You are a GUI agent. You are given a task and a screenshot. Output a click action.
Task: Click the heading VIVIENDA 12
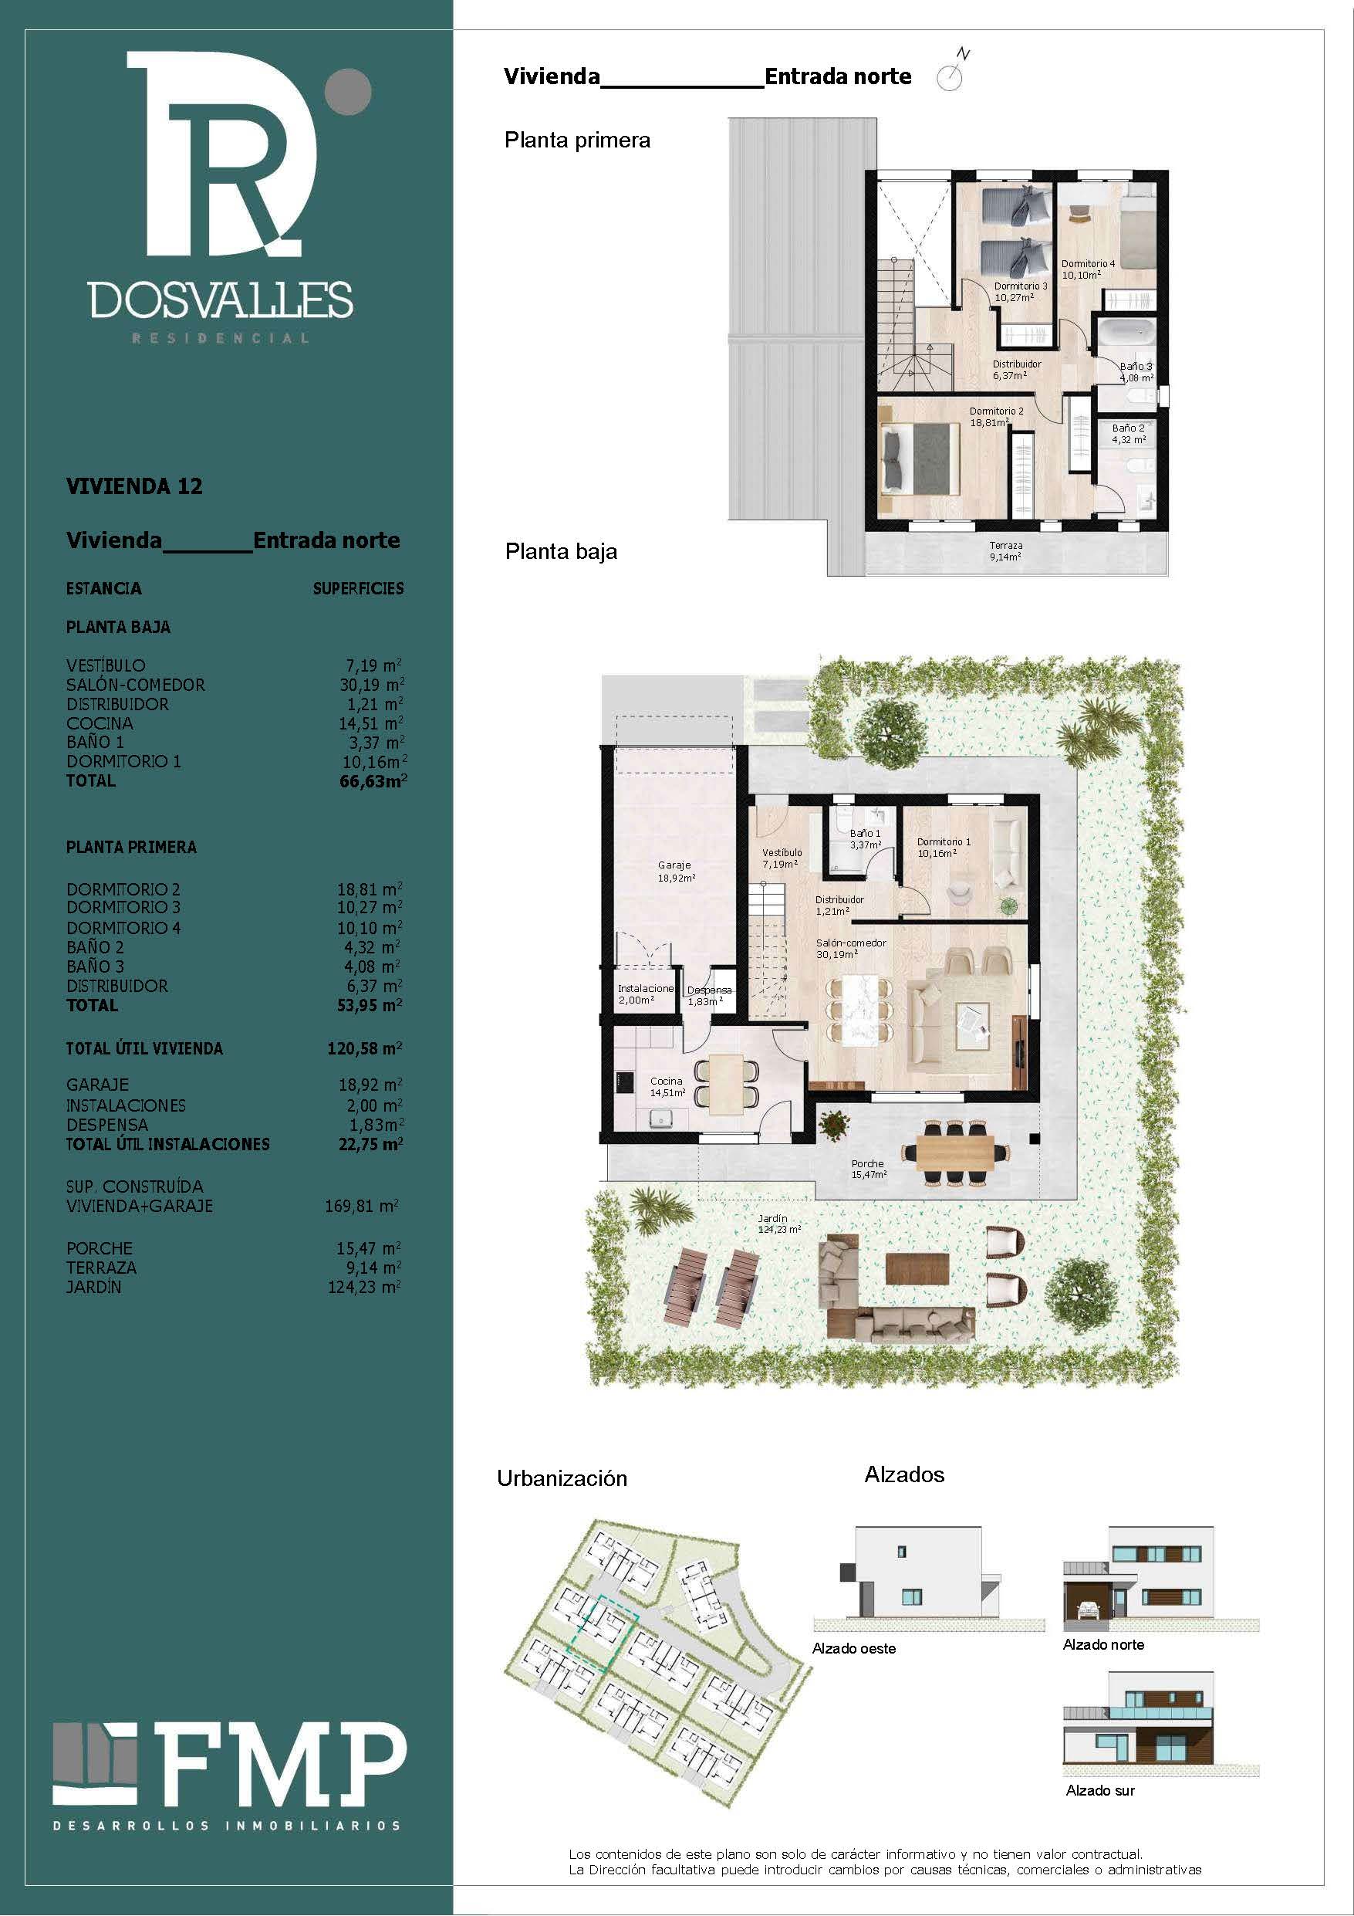[134, 486]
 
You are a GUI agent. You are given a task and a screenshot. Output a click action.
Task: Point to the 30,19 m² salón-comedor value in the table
[372, 684]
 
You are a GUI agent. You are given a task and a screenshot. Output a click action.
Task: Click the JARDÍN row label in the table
[93, 1287]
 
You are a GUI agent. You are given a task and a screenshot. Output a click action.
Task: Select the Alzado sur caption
[1099, 1791]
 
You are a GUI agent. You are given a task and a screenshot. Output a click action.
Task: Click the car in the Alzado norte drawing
[1087, 1610]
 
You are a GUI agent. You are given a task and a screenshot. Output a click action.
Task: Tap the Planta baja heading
[562, 552]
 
